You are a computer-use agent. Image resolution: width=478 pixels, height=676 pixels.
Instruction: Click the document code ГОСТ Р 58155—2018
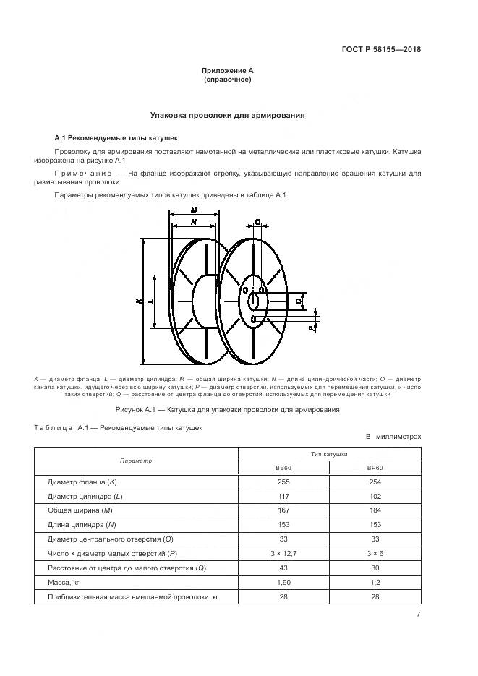click(381, 50)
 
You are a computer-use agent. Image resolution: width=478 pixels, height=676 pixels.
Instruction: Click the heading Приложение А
click(228, 71)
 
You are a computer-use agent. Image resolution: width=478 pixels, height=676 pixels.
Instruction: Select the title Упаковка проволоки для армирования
click(227, 114)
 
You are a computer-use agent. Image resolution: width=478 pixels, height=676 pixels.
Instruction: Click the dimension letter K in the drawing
click(137, 301)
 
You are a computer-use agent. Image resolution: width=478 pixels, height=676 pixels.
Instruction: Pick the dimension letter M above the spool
click(194, 210)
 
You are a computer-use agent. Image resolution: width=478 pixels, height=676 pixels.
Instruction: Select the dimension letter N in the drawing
click(194, 223)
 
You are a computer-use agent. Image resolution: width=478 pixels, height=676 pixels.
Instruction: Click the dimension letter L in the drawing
click(150, 301)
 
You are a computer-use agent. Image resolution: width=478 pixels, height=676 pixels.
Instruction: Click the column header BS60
click(283, 468)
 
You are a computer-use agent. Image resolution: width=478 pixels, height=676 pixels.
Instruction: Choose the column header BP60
click(375, 468)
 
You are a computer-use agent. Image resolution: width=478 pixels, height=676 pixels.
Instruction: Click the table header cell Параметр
click(136, 461)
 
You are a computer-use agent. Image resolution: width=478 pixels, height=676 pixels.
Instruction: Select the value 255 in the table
click(283, 482)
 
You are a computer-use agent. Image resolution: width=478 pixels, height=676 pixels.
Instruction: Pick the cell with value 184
click(375, 510)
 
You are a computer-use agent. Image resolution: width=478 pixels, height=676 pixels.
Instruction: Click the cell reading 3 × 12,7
click(283, 554)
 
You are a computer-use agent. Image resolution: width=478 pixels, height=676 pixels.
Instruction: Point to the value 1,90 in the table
click(283, 583)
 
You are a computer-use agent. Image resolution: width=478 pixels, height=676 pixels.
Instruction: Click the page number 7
click(418, 615)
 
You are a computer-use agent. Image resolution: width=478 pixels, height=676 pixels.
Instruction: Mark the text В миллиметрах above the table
click(393, 437)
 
